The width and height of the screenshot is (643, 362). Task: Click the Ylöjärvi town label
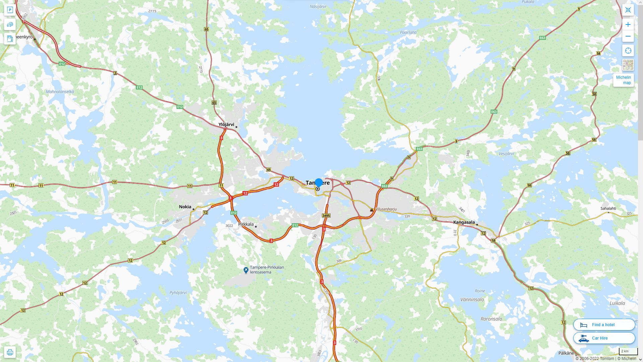coord(226,125)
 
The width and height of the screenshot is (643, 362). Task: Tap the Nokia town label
coord(185,207)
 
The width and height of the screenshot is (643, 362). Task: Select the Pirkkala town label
coord(246,224)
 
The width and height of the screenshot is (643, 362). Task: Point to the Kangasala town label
coord(464,222)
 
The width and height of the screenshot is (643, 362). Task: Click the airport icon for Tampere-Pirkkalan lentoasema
coord(246,270)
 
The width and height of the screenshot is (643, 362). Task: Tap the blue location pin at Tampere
coord(319,183)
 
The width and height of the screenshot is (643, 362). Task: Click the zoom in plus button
coord(628,24)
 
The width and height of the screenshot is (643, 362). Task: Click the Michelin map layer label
coord(623,80)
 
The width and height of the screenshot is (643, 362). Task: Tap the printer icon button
coord(10,352)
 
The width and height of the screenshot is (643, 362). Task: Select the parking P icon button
coord(10,10)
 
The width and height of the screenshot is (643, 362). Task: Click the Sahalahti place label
coord(608,208)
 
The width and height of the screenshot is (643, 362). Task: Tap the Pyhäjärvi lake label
coord(178,293)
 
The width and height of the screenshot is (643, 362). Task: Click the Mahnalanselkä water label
coord(60,92)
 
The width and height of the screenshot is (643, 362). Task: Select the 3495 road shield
coord(326,216)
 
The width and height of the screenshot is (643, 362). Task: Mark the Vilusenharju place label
coord(386,209)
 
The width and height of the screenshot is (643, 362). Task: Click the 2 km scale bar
coord(628,352)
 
